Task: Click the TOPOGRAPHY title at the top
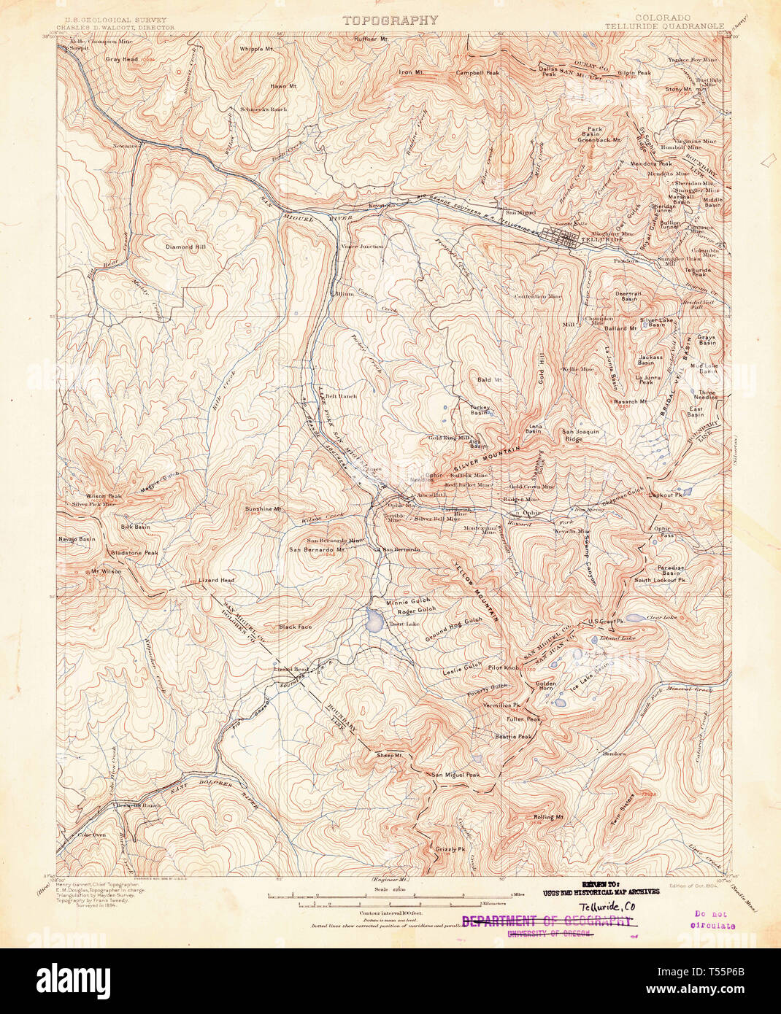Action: coord(390,20)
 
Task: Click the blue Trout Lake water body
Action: coord(374,621)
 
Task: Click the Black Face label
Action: coord(295,627)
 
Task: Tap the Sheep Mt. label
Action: coord(389,756)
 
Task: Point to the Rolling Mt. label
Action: coord(549,817)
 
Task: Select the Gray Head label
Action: coord(122,59)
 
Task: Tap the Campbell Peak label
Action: coord(477,73)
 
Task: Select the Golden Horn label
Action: coord(546,686)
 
